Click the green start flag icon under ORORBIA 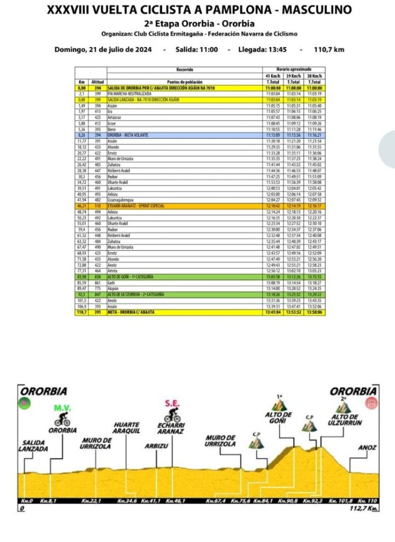point(24,403)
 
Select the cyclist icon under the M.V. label point(62,420)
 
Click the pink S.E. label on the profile point(172,403)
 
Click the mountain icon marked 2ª point(344,406)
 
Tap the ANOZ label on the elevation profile point(367,447)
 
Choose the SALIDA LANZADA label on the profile point(35,446)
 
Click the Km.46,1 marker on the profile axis point(176,501)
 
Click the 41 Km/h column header point(273,76)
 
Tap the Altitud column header point(97,82)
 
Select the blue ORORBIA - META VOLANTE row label point(128,135)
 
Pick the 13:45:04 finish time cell point(273,313)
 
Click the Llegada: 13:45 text point(256,49)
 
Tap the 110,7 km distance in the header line point(329,49)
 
